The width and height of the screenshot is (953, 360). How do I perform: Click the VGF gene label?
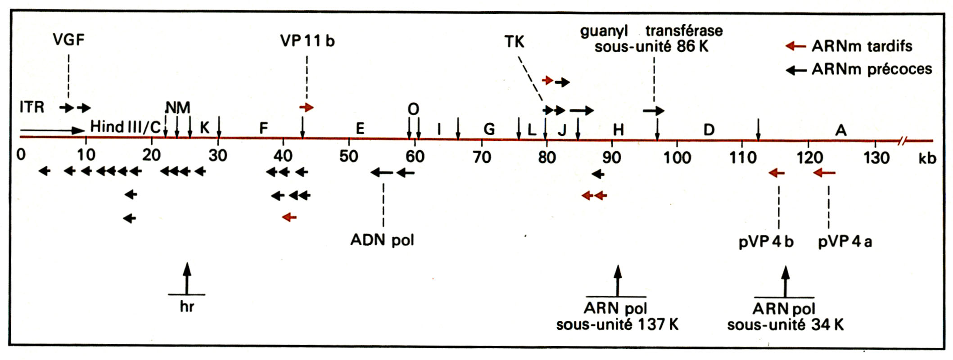coord(68,40)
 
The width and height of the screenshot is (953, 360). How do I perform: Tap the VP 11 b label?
coord(307,41)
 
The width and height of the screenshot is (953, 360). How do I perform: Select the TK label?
coord(514,42)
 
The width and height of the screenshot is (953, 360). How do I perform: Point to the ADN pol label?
coord(382,240)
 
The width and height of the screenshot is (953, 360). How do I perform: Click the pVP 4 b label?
coord(766,242)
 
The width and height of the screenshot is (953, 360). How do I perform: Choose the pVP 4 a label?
coord(845,242)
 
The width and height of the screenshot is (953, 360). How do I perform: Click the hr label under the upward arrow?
coord(187,307)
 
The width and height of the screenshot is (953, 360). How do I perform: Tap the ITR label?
coord(32,108)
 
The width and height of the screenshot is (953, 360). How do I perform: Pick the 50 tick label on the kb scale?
coord(349,156)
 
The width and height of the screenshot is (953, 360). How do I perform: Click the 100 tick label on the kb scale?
coord(677,157)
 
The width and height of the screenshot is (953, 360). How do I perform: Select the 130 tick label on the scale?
coord(875,157)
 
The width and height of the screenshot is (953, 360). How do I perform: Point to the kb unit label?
coord(927,158)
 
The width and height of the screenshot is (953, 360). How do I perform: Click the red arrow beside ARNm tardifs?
coord(795,46)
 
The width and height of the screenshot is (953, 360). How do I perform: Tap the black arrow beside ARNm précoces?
coord(795,70)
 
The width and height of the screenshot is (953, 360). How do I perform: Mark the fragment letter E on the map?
coord(360,129)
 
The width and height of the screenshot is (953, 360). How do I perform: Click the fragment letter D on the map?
coord(709,130)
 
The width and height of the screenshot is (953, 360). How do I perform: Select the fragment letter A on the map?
coord(841,130)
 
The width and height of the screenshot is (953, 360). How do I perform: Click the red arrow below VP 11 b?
coord(307,107)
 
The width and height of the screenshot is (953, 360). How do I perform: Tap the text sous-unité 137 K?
coord(617,325)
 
